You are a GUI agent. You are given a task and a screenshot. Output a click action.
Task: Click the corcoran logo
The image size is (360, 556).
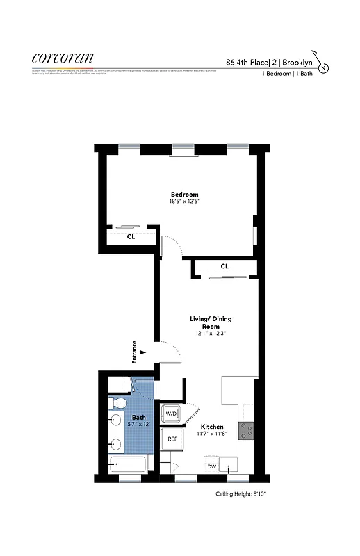click(x=63, y=58)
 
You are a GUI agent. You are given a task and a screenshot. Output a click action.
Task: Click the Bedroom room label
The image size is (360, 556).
click(x=185, y=194)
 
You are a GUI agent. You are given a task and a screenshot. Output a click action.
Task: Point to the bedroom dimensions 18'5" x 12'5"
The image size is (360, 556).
click(x=185, y=202)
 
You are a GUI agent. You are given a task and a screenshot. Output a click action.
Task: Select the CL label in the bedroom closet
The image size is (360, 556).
click(x=131, y=236)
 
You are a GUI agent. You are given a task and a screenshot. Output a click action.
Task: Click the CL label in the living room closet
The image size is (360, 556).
click(x=224, y=266)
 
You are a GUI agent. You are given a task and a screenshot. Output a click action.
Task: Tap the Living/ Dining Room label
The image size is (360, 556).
click(x=211, y=322)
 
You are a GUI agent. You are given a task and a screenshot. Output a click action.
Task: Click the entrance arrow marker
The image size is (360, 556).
click(x=142, y=352)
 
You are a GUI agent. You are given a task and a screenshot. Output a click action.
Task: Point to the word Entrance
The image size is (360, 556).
click(x=134, y=352)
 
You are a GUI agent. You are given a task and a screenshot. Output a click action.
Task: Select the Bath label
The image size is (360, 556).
click(x=138, y=418)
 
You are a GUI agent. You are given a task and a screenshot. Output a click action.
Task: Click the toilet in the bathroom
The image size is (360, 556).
click(x=117, y=403)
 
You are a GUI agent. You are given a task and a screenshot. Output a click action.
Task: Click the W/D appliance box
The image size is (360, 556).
click(x=170, y=414)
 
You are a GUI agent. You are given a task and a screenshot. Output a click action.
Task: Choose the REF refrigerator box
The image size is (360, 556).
click(x=170, y=440)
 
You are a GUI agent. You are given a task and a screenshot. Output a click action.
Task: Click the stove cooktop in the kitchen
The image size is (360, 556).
click(x=246, y=430)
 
